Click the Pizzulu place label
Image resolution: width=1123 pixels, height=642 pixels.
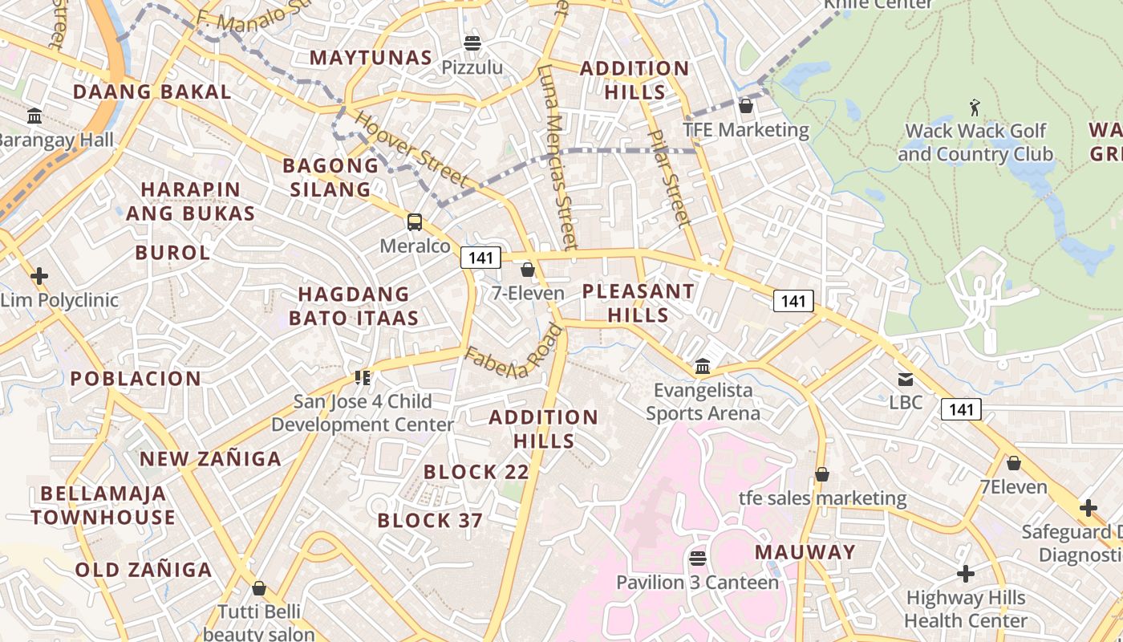[x=472, y=67]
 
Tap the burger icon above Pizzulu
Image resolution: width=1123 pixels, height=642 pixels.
[x=472, y=43]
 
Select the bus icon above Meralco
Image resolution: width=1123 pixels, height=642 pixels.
[x=415, y=221]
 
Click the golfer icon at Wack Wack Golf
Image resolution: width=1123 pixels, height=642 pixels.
[x=975, y=107]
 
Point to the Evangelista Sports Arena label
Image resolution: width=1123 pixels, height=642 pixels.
[x=703, y=402]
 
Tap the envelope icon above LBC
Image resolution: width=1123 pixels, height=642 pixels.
[x=906, y=379]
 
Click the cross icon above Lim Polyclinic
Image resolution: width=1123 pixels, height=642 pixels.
[x=39, y=277]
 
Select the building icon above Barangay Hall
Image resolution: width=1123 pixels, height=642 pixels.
[x=34, y=116]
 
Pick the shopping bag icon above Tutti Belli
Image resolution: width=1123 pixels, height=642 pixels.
[x=258, y=588]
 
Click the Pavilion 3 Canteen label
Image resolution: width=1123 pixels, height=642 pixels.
[x=697, y=583]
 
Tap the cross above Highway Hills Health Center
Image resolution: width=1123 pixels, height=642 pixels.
[x=966, y=574]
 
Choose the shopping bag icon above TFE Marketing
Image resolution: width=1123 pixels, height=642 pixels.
[x=746, y=105]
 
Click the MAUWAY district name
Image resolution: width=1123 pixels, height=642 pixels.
[x=805, y=552]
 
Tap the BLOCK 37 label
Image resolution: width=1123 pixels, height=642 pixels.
[x=430, y=521]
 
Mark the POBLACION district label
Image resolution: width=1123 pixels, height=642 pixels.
[x=136, y=379]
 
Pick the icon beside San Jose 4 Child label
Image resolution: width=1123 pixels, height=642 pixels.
[x=362, y=377]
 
